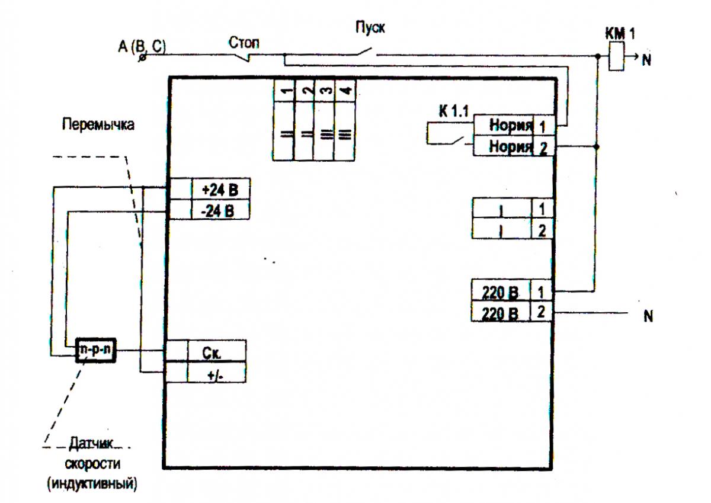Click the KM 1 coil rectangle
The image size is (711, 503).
pos(616,56)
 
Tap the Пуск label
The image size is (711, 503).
pos(370,27)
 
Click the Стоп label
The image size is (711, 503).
pos(244,43)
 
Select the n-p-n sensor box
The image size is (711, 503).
pos(95,350)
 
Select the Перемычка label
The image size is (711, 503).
pos(98,125)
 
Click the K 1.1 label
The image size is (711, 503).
pos(454,111)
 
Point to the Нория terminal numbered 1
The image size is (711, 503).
pos(514,126)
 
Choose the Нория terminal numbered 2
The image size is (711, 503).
pos(514,146)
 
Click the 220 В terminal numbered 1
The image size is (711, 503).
pos(512,290)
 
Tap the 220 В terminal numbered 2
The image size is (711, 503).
pos(512,312)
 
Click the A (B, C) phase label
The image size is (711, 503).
pos(142,47)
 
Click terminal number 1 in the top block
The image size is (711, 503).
pos(284,119)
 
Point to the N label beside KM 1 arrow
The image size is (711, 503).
pos(646,60)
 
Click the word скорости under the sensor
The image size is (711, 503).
pos(92,464)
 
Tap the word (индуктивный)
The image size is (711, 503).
pos(92,484)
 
